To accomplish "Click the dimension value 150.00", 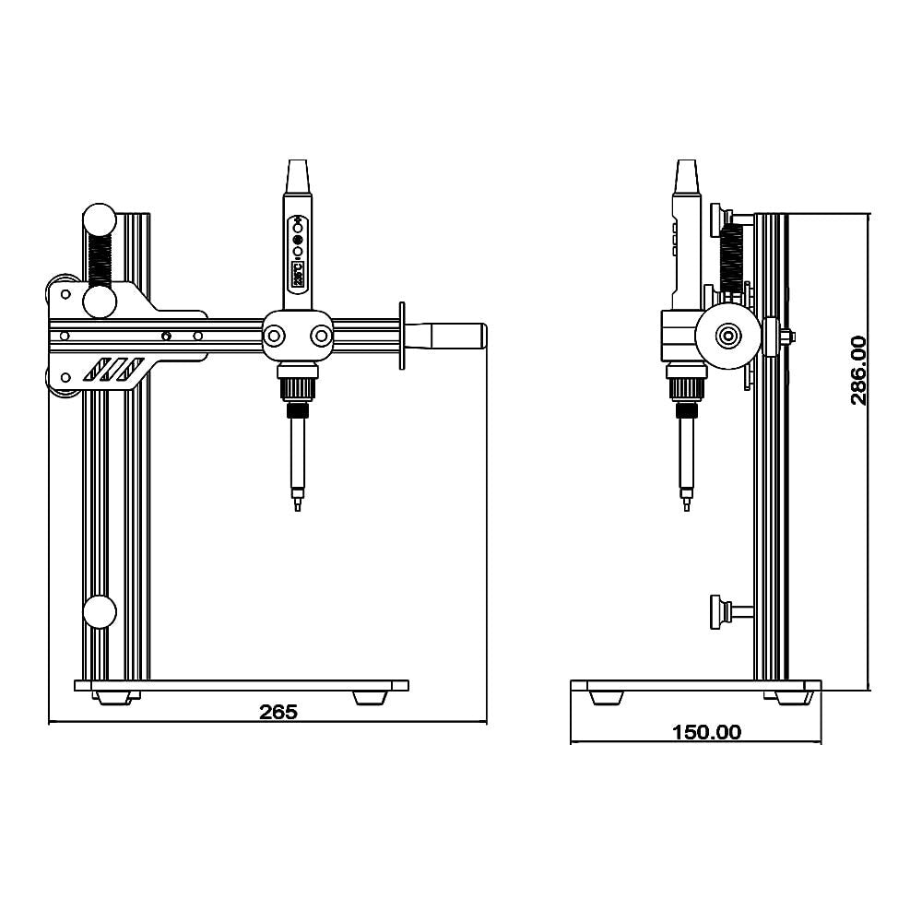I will point(706,732).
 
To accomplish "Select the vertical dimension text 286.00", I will point(857,370).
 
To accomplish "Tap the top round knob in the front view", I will point(100,220).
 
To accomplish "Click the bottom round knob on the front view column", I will point(100,612).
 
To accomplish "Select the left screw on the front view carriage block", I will point(274,337).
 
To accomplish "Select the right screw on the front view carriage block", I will point(321,337).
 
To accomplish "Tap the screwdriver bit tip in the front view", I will point(297,505).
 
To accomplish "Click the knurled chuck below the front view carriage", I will point(297,388).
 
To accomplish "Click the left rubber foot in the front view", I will point(115,697).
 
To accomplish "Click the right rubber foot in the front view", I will point(371,697).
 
